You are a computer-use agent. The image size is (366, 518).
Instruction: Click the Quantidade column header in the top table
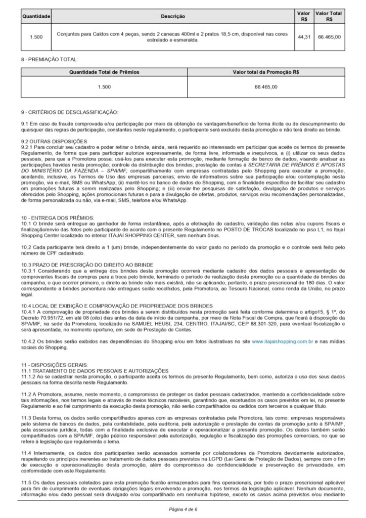tap(36, 17)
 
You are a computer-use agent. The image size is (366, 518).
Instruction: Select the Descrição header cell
tap(173, 17)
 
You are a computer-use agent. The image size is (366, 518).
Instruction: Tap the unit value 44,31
tap(304, 37)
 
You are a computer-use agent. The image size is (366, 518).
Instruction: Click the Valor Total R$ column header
tap(329, 16)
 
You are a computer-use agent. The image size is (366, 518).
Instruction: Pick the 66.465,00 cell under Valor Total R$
tap(329, 37)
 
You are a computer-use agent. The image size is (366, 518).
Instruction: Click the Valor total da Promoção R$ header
tap(266, 72)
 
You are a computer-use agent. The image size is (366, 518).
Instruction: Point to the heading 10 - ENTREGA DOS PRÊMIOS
tap(52, 217)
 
